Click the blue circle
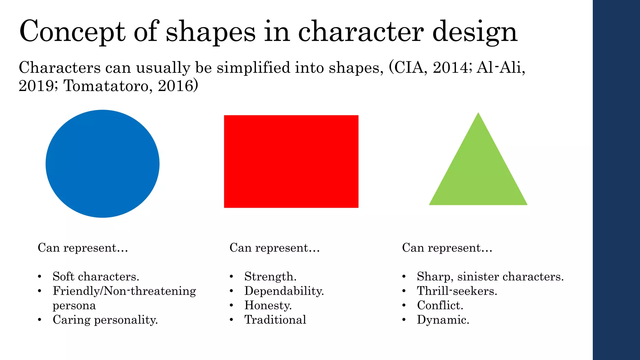102,164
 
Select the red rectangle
291,161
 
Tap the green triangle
478,169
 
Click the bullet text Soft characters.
96,277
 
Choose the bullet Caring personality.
105,320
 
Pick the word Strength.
270,277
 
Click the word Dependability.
284,291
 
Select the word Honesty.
268,305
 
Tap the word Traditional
275,320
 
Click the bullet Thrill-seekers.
457,291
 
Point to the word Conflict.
440,305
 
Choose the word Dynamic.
443,320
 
